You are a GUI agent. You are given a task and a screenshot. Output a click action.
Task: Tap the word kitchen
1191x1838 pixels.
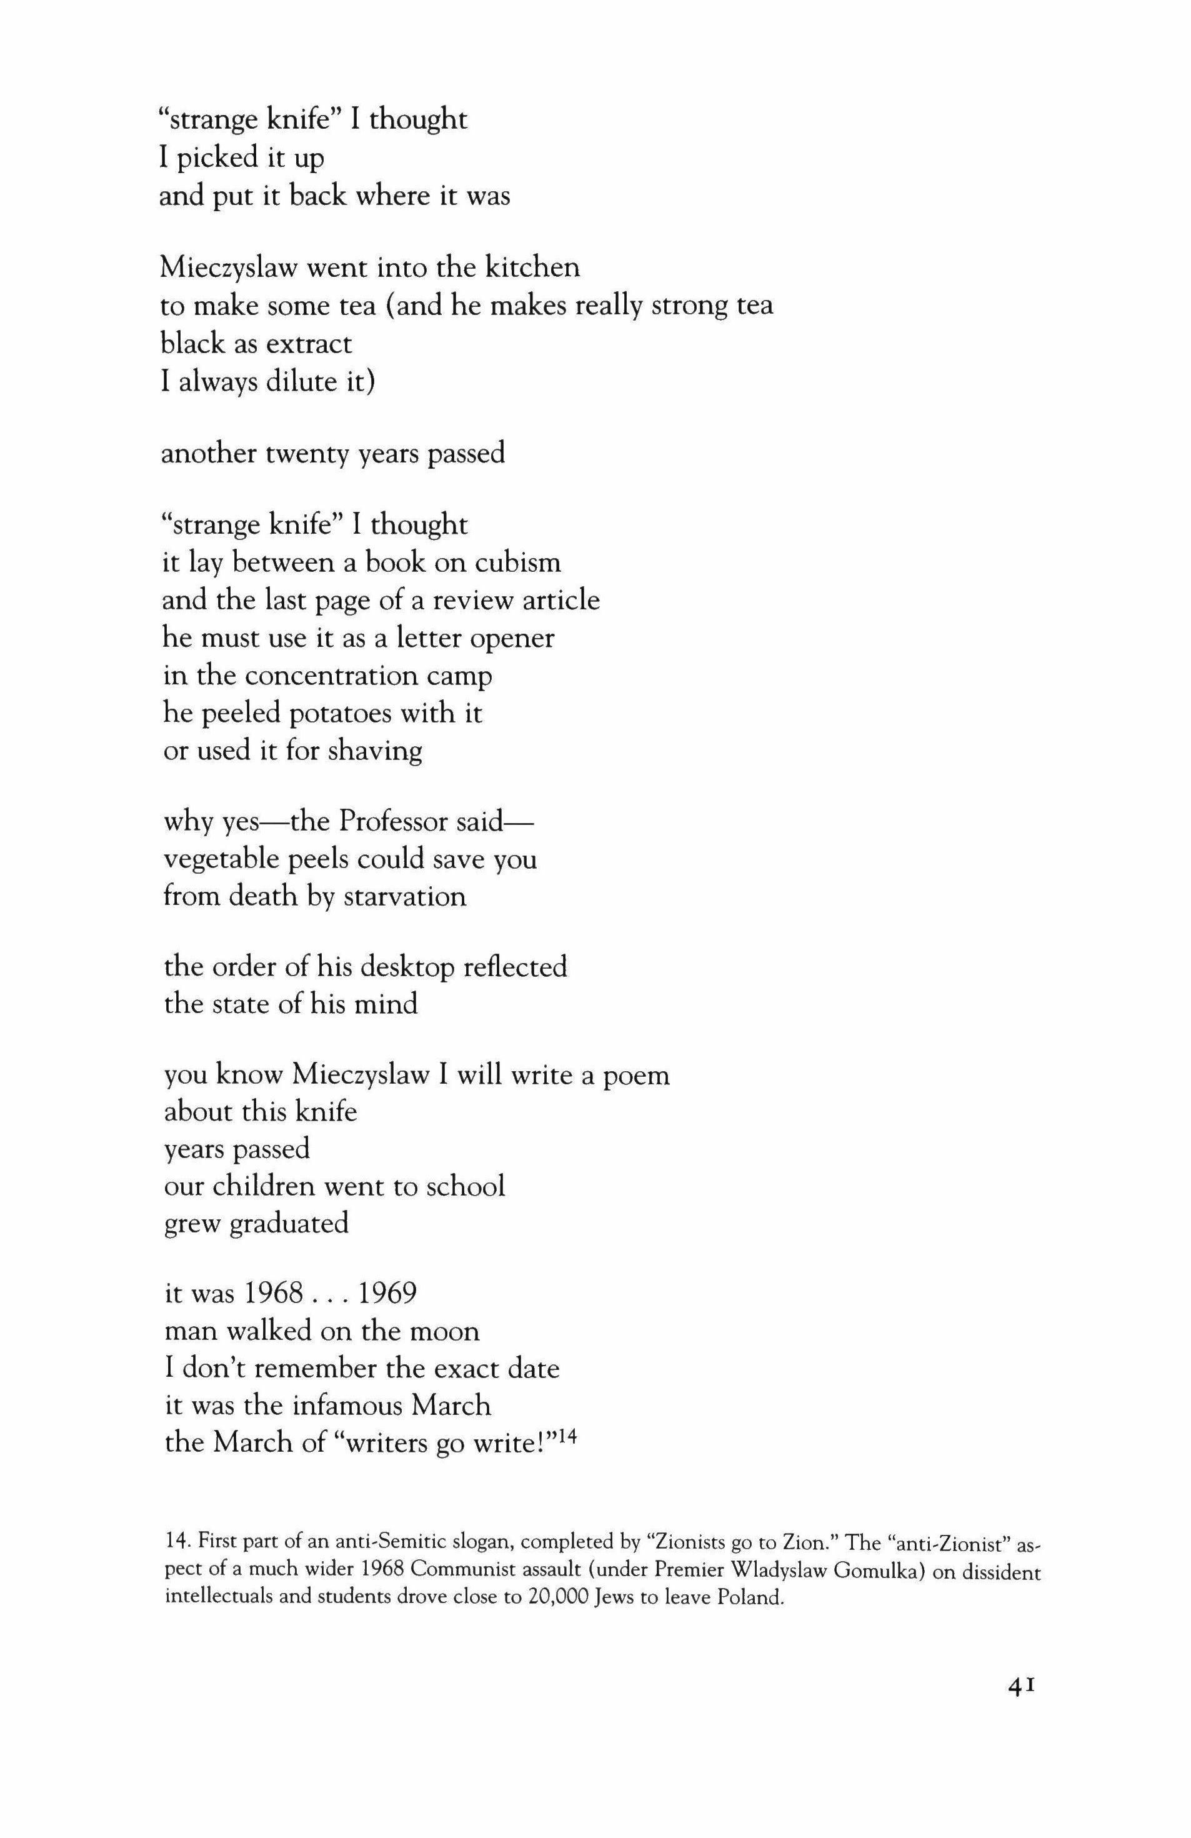point(532,267)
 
